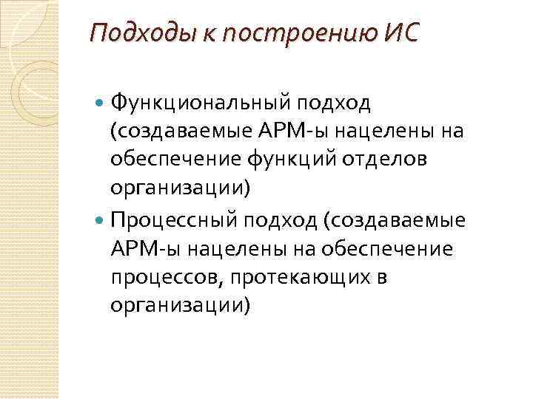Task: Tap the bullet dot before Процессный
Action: [x=101, y=220]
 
